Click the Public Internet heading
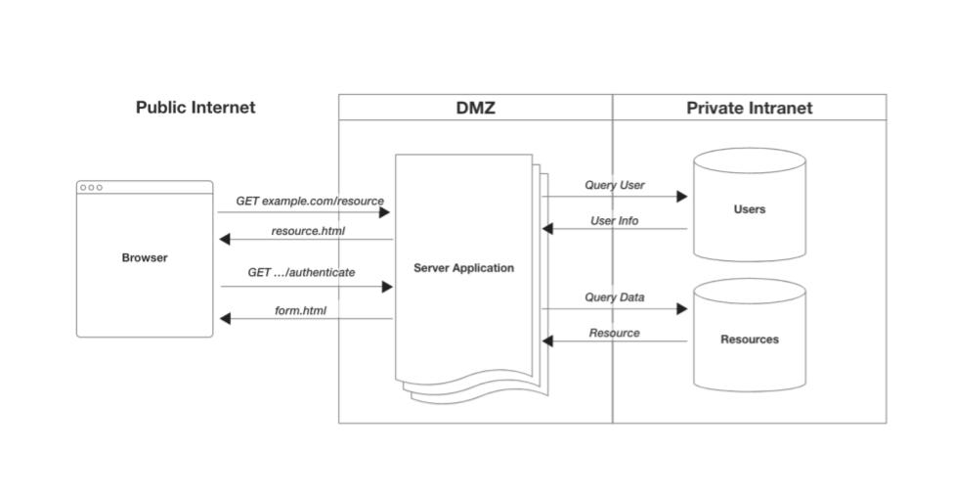point(195,108)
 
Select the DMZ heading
point(476,108)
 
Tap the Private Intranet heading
point(749,108)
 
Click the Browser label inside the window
point(145,258)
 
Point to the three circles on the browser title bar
point(91,187)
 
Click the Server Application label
point(463,268)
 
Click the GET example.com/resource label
point(310,201)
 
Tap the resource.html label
point(308,232)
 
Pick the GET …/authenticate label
point(301,272)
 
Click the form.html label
point(300,311)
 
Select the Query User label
point(615,185)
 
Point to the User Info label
point(615,221)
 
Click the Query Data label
point(615,297)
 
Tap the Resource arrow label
point(615,333)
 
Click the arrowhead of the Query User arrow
point(682,197)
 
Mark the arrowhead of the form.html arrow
point(226,319)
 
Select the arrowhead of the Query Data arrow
point(682,309)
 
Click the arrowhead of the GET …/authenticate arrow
point(387,287)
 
